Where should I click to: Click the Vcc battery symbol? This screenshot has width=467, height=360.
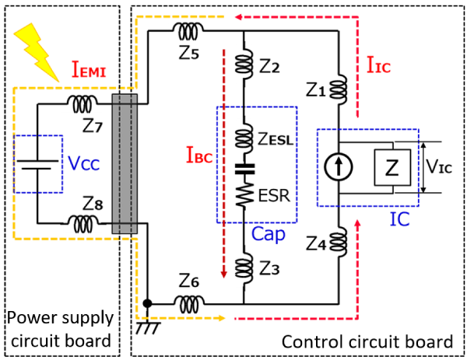point(37,164)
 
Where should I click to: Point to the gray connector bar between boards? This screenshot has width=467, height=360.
point(125,163)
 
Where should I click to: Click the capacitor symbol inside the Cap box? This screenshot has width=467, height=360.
point(244,169)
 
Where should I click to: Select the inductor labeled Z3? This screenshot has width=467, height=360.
point(244,267)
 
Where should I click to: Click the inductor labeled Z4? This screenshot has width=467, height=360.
point(339,240)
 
